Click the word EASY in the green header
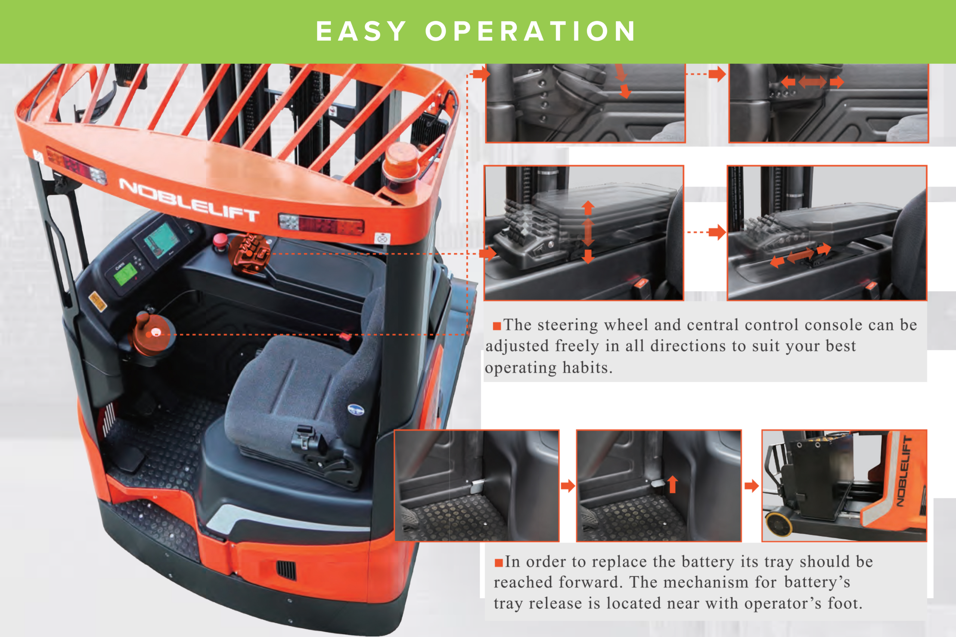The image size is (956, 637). (x=361, y=31)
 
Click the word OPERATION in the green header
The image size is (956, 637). (x=530, y=31)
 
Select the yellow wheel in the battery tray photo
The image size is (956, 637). (x=778, y=524)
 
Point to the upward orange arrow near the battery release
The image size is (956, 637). (x=673, y=484)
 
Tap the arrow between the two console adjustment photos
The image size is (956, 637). (x=707, y=232)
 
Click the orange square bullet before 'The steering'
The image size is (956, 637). (x=497, y=326)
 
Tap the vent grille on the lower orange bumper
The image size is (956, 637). (x=286, y=570)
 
